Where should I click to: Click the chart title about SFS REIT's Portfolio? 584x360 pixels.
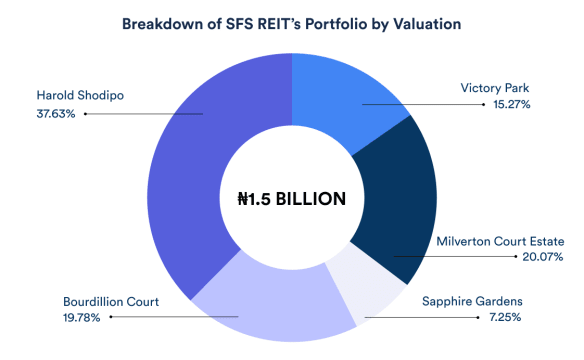coord(291,23)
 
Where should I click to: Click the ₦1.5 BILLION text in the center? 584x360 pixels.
coord(291,198)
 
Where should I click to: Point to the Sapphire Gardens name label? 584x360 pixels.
coord(482,301)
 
